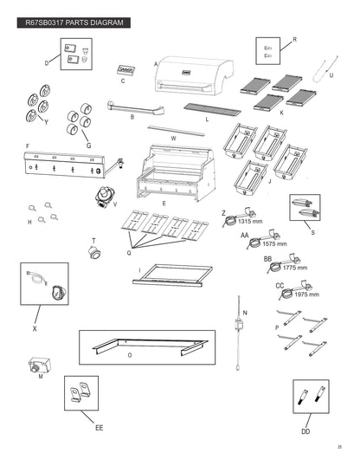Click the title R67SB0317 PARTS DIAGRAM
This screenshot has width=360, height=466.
(x=74, y=23)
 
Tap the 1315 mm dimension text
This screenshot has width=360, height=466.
(x=250, y=221)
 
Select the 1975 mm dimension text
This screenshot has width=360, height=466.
(x=306, y=294)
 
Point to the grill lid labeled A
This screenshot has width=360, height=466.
(x=194, y=75)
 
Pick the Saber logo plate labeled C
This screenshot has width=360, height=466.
(x=126, y=70)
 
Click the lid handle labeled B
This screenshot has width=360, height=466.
(x=136, y=108)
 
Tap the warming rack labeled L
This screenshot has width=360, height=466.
(x=212, y=110)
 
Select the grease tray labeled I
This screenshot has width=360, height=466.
(x=172, y=275)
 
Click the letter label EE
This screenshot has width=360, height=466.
(x=100, y=428)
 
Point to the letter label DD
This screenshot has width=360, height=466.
(x=305, y=431)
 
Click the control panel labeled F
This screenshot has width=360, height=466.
(x=64, y=165)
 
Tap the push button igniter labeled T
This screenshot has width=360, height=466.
(x=94, y=252)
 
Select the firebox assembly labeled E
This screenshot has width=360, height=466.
(x=176, y=172)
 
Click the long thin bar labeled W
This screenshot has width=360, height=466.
(x=177, y=131)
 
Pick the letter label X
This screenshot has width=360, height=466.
(x=35, y=328)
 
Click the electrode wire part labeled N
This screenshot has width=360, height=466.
(x=239, y=333)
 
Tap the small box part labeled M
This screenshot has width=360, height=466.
(x=40, y=365)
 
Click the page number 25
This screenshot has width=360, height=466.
(x=339, y=447)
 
